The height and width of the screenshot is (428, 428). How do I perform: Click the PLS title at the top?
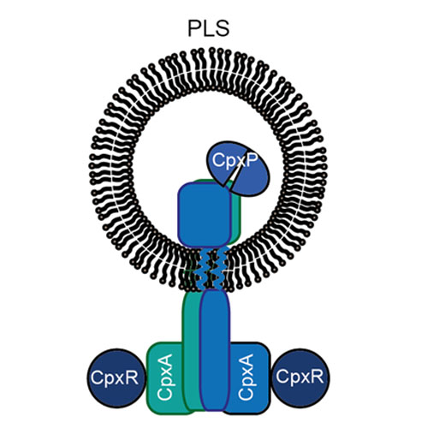tap(209, 28)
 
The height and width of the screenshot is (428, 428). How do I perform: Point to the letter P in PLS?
tap(194, 28)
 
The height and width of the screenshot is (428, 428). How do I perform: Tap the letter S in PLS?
tap(223, 28)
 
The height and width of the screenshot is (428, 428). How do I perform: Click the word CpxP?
tap(235, 161)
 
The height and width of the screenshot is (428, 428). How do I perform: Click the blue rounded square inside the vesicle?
tap(205, 215)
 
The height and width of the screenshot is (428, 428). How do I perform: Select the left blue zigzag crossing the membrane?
tap(202, 270)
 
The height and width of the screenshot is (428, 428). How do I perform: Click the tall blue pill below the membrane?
tap(215, 349)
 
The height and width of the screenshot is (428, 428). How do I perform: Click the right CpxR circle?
tap(300, 377)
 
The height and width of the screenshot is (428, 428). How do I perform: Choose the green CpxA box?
tap(165, 377)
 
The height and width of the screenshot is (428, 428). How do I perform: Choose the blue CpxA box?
tap(249, 377)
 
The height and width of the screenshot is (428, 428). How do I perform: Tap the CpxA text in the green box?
tap(164, 377)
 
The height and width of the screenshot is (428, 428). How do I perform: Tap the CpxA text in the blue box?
tap(246, 377)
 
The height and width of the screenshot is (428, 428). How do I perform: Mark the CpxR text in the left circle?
tap(115, 378)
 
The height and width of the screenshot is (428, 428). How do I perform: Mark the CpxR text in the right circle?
tap(300, 377)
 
